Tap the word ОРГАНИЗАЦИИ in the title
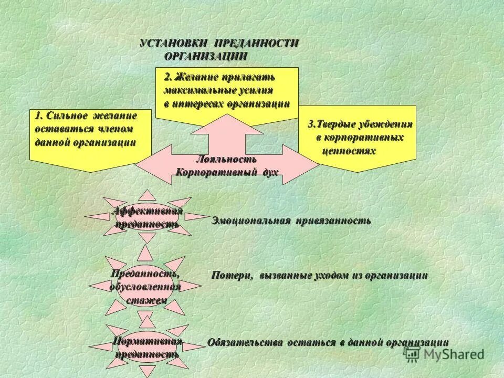205,56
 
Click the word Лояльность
226,159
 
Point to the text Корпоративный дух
226,172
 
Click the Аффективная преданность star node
148,217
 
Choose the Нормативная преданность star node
148,348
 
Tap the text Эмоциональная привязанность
291,221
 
